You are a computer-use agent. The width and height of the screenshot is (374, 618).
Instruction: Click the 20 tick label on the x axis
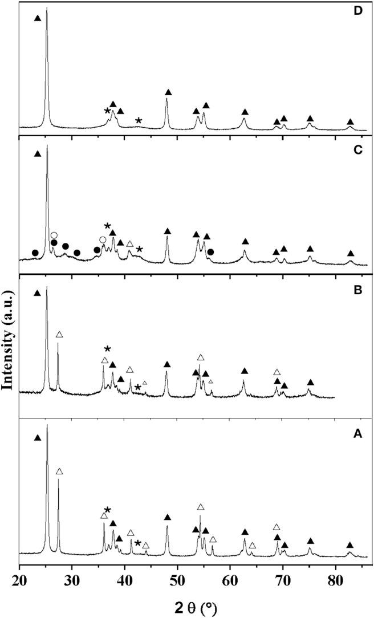pyautogui.click(x=19, y=578)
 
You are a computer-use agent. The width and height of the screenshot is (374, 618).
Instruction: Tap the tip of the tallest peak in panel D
pyautogui.click(x=47, y=8)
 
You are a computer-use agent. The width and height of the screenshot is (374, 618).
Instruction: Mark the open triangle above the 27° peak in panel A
pyautogui.click(x=59, y=471)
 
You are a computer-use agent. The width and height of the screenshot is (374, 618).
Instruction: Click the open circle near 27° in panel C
pyautogui.click(x=54, y=235)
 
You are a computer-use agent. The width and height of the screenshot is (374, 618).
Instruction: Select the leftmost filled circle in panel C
pyautogui.click(x=35, y=253)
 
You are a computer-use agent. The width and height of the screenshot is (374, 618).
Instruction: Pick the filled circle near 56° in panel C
pyautogui.click(x=211, y=251)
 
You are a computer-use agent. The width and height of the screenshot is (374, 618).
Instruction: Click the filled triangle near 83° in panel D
pyautogui.click(x=350, y=122)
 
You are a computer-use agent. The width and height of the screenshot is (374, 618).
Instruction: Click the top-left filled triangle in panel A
pyautogui.click(x=38, y=438)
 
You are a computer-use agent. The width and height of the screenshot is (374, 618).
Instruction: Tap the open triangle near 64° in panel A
pyautogui.click(x=252, y=546)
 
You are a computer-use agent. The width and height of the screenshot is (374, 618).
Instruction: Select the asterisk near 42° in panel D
pyautogui.click(x=139, y=120)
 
